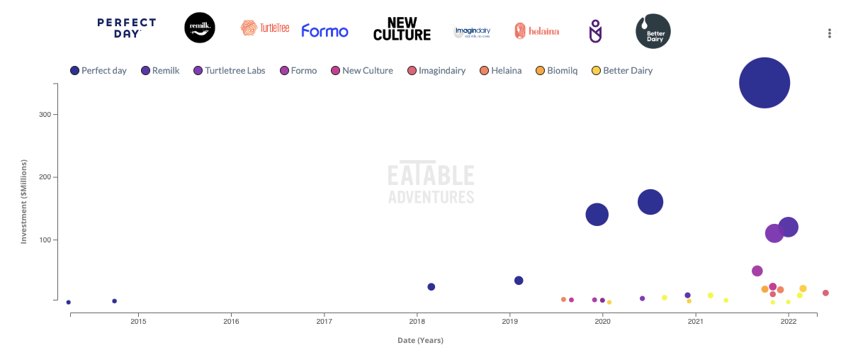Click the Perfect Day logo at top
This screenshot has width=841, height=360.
(126, 28)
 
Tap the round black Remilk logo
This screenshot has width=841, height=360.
(199, 28)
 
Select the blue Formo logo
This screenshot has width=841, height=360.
(324, 31)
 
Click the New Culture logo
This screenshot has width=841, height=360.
(402, 29)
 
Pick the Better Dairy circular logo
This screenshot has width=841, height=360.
(653, 31)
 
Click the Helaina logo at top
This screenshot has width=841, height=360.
(536, 30)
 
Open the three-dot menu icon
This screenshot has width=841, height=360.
(830, 33)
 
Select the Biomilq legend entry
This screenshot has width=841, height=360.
(560, 70)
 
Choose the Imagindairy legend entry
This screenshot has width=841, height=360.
(440, 70)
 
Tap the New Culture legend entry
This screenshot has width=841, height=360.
(361, 70)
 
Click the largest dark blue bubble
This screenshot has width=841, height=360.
(764, 83)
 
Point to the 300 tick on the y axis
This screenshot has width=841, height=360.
(44, 115)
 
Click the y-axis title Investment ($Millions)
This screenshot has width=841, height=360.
(23, 202)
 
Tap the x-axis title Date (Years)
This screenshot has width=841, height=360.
(420, 340)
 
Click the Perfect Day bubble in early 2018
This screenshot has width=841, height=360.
(431, 287)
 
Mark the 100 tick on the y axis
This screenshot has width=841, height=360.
(44, 240)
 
